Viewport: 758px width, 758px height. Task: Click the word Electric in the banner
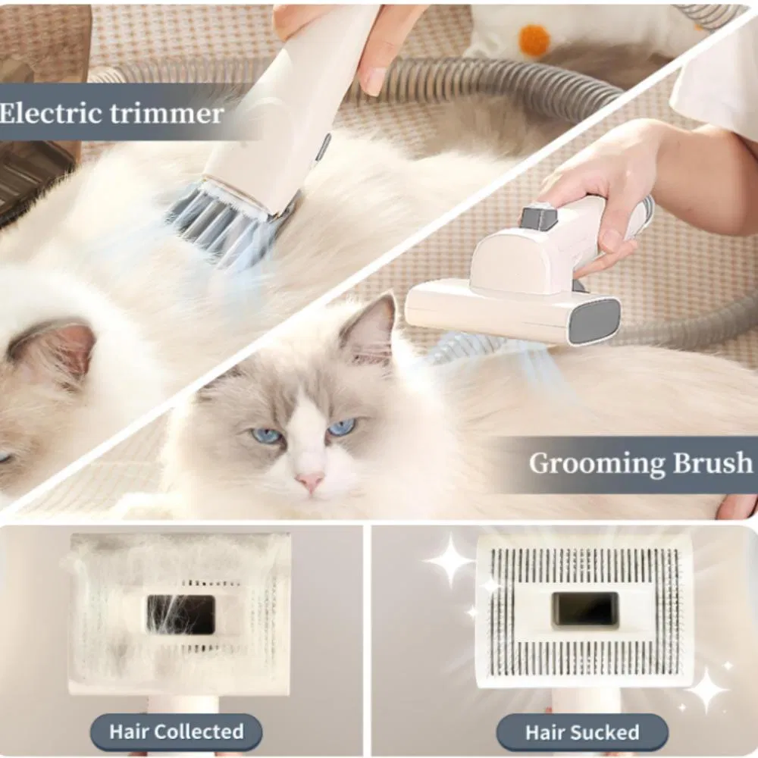(x=50, y=114)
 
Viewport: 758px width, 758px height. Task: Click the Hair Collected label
(x=177, y=731)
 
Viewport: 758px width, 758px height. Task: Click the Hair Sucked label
(x=582, y=732)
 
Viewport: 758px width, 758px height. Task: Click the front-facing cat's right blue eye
(x=343, y=427)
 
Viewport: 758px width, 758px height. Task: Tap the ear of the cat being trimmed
(x=53, y=348)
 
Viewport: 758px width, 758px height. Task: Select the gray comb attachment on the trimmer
(x=220, y=222)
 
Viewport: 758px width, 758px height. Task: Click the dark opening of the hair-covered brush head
(x=181, y=615)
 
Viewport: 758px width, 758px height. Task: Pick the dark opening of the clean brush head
(x=585, y=610)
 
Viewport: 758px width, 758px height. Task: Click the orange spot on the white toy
(x=534, y=39)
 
